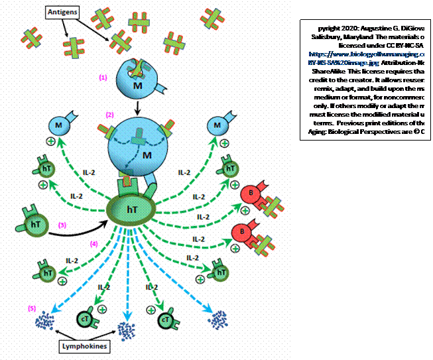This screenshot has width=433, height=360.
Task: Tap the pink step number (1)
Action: coord(103,77)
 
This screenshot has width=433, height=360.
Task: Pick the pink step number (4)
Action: coord(94,243)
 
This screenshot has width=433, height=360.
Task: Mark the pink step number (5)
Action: coord(31,308)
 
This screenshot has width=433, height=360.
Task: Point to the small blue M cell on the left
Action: coord(58,126)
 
